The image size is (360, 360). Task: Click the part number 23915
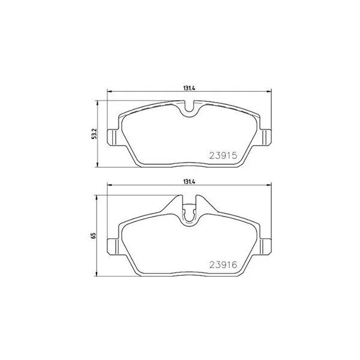[223, 155]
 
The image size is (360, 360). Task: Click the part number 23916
[223, 265]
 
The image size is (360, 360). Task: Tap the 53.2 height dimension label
[94, 134]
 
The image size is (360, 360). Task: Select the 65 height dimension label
[94, 236]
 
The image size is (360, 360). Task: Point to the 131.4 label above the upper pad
[189, 88]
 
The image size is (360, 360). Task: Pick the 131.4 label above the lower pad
[189, 182]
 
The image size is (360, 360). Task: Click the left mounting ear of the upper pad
[113, 137]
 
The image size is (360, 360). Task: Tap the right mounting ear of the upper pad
[265, 137]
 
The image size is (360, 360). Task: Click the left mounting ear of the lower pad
[113, 247]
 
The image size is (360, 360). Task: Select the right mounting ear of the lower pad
[265, 247]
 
